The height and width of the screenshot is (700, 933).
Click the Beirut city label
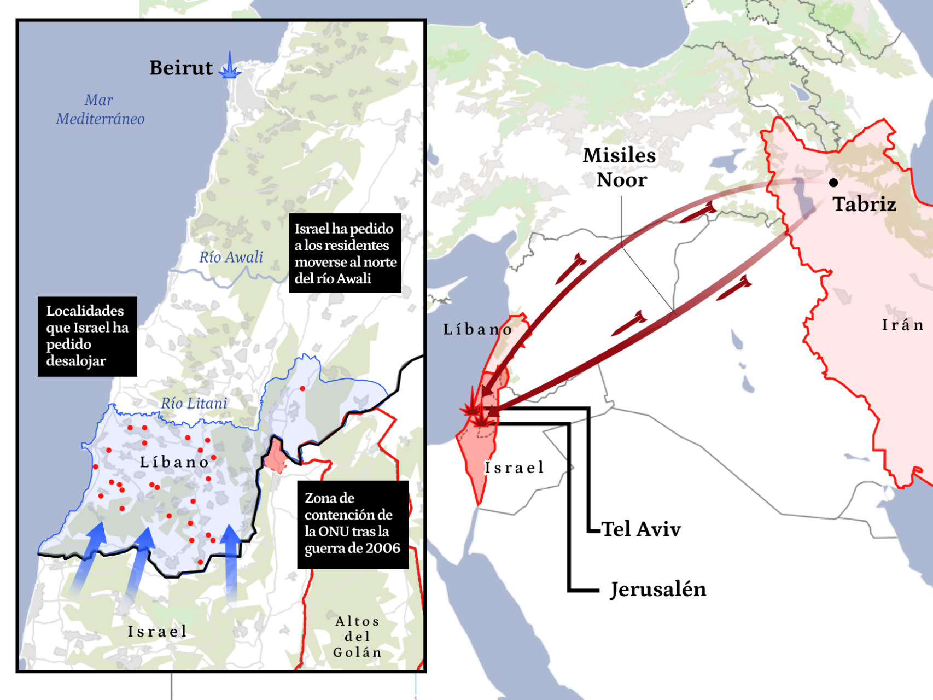click(x=181, y=68)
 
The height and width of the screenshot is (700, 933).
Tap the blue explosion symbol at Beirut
click(x=230, y=67)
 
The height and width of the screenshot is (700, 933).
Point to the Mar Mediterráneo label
click(x=100, y=109)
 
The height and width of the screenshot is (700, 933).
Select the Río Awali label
click(x=231, y=257)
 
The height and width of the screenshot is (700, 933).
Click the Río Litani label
click(x=194, y=403)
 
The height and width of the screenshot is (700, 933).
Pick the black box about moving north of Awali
click(x=345, y=253)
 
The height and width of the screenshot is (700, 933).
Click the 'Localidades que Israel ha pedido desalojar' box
click(x=88, y=336)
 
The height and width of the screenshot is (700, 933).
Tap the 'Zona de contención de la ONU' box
click(x=353, y=523)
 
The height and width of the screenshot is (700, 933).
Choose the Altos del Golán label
click(x=357, y=637)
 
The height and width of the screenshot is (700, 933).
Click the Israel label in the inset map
click(x=158, y=632)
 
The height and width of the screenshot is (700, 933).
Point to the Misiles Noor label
click(x=620, y=167)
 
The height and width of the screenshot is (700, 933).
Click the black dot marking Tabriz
click(x=833, y=183)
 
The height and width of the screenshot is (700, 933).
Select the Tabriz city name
click(x=864, y=205)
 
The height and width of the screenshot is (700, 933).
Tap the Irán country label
click(x=902, y=325)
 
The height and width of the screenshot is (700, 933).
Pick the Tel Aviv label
click(x=642, y=529)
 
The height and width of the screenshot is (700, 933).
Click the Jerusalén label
click(x=658, y=590)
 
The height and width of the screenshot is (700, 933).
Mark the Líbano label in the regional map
click(x=477, y=329)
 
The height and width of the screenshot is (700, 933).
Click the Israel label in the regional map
click(x=515, y=468)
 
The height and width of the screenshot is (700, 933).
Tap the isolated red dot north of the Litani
click(x=302, y=388)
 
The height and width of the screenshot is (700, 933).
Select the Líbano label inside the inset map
click(x=174, y=462)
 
